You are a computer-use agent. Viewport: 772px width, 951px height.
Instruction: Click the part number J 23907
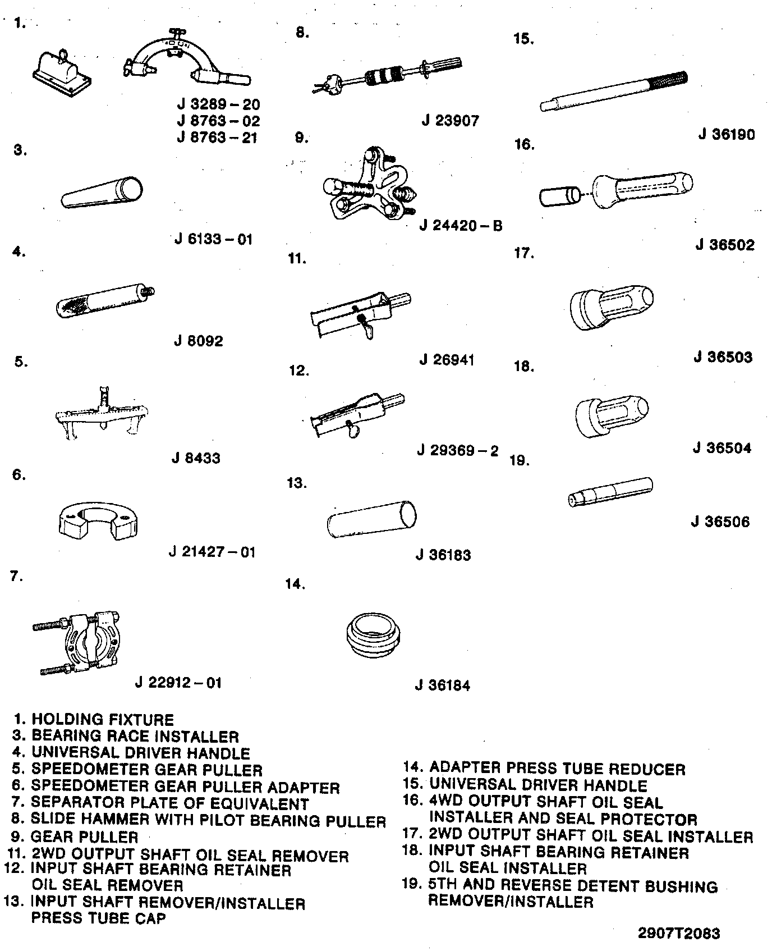(450, 121)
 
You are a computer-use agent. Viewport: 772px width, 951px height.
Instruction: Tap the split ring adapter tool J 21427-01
(99, 523)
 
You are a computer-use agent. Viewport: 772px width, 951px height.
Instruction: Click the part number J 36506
(720, 522)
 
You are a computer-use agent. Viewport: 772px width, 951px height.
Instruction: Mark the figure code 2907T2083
(679, 933)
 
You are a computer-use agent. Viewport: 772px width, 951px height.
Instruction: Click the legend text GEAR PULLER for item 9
(84, 838)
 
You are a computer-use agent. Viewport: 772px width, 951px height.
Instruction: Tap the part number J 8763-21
(218, 138)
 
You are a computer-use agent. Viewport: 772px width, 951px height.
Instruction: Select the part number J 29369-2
(458, 451)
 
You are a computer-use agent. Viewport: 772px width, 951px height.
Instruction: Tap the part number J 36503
(723, 358)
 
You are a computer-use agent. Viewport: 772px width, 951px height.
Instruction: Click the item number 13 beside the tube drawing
(297, 483)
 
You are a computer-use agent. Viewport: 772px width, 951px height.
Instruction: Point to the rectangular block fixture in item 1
(60, 72)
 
